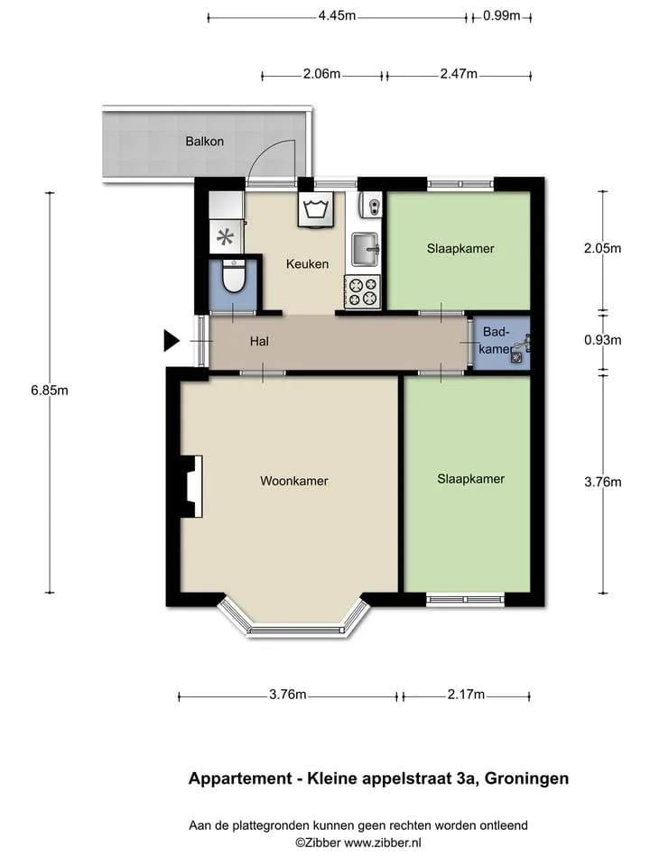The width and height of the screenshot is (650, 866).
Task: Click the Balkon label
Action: [205, 142]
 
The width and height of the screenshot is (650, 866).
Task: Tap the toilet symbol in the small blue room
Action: [233, 276]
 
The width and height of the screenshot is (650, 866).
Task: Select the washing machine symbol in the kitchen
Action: [316, 209]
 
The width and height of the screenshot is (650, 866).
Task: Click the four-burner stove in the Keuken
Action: [363, 291]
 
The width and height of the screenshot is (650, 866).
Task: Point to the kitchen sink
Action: [366, 249]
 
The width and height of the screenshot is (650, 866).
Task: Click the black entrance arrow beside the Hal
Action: [172, 341]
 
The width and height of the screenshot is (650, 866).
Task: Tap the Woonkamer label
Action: [294, 481]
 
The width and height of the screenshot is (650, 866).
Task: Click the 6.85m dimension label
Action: [50, 391]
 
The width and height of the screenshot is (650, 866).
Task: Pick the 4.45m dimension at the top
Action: [337, 15]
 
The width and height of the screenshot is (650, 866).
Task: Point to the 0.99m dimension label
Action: [501, 15]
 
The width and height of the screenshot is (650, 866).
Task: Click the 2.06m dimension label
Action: [321, 73]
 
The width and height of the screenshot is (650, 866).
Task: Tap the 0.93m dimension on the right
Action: [602, 340]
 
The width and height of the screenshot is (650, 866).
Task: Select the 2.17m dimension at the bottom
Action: [466, 695]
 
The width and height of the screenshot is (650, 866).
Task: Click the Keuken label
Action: [307, 264]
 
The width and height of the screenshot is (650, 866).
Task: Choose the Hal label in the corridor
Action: [259, 341]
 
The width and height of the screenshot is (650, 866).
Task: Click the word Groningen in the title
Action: [526, 778]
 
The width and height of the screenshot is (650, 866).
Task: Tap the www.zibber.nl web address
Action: [383, 843]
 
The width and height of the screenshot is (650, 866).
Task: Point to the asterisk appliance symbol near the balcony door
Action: [225, 237]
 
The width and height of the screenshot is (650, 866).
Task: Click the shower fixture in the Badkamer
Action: [520, 348]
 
